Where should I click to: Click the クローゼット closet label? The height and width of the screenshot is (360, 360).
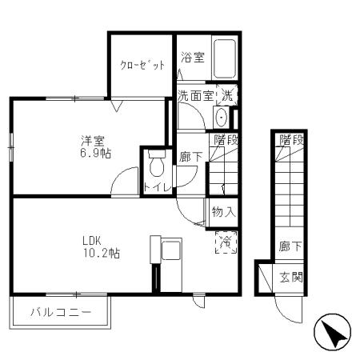pyautogui.click(x=142, y=66)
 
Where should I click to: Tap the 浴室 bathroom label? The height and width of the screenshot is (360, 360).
pyautogui.click(x=192, y=58)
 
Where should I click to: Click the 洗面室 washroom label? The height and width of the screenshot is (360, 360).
pyautogui.click(x=194, y=96)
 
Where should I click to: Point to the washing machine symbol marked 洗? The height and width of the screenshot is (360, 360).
pyautogui.click(x=227, y=94)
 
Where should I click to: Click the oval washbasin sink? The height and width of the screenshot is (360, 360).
pyautogui.click(x=222, y=118)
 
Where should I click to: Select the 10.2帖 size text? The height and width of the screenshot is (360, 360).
pyautogui.click(x=99, y=254)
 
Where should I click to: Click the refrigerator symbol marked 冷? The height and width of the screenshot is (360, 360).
pyautogui.click(x=226, y=241)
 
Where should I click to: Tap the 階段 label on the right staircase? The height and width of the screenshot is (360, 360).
pyautogui.click(x=291, y=140)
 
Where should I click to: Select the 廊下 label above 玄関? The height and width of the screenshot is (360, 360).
pyautogui.click(x=290, y=248)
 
